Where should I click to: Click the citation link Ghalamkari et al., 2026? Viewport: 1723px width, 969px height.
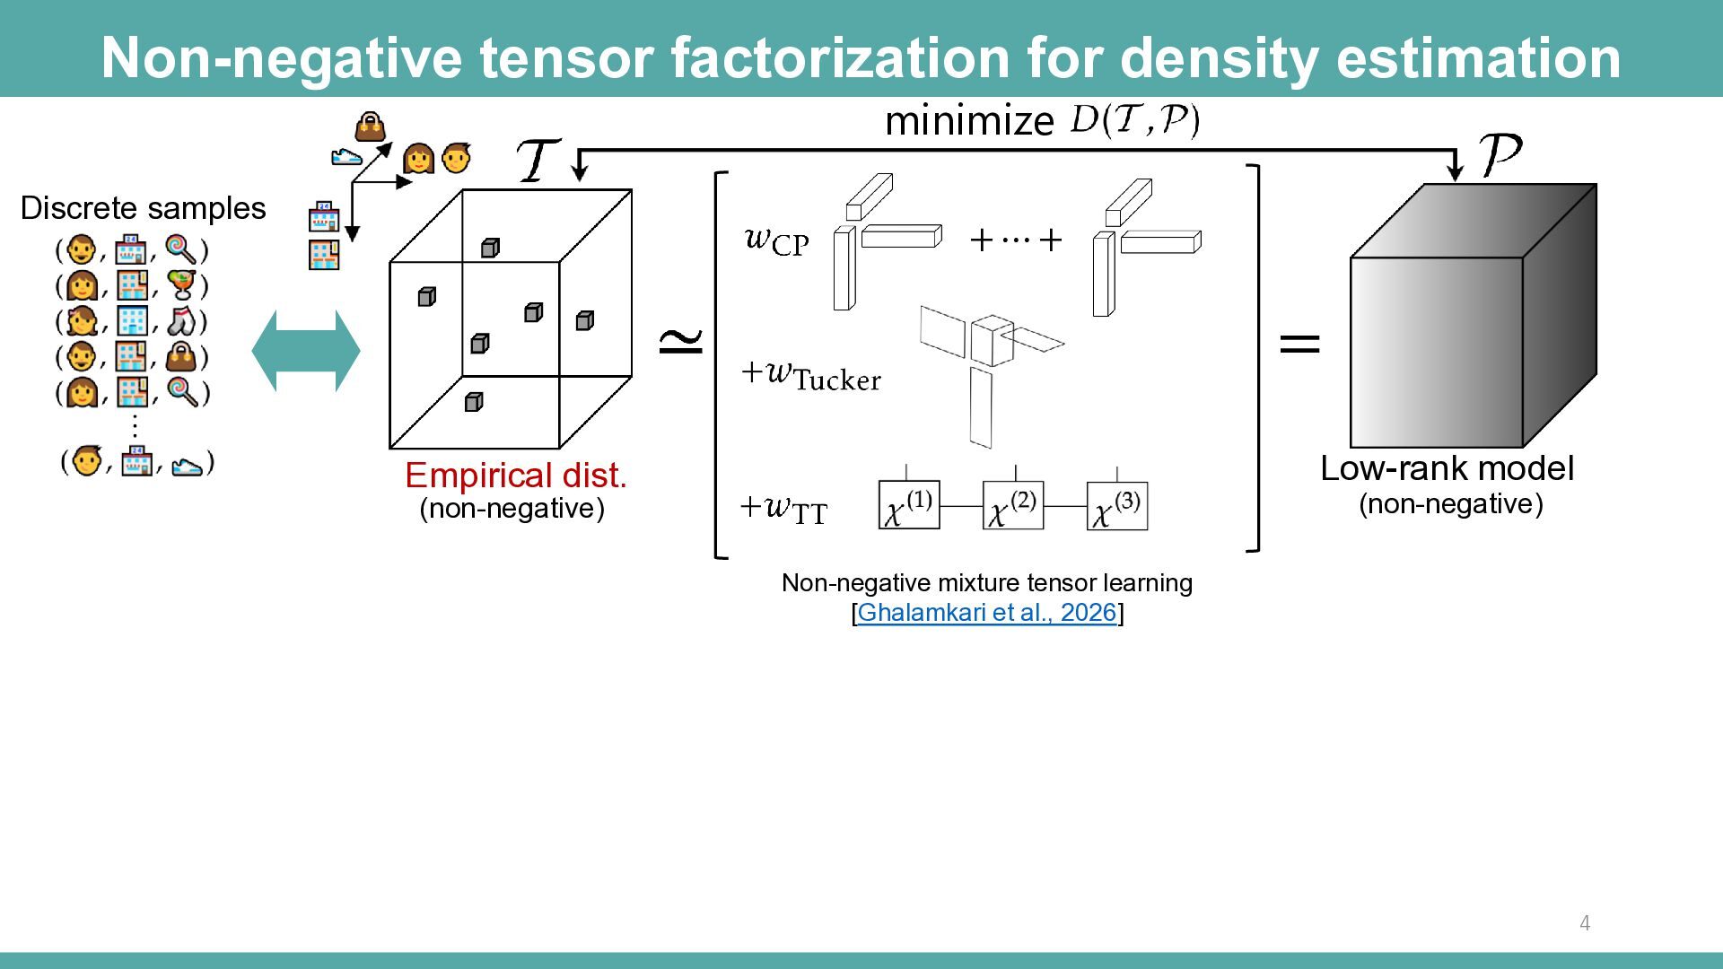coord(987,613)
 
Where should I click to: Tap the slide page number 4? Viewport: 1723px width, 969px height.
coord(1585,923)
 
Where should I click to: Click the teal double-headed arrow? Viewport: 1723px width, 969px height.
coord(306,351)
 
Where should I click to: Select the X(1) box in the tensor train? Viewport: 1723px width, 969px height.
coord(909,505)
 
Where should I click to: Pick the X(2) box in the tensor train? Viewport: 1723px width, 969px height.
coord(1013,505)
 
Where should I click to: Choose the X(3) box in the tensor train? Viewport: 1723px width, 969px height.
coord(1117,505)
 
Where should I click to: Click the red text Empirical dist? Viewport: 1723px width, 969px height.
coord(516,476)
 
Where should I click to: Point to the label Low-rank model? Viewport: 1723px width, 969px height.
coord(1447,468)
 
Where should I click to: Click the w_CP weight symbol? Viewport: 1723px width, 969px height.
coord(777,240)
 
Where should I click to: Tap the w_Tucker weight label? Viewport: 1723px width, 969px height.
coord(811,376)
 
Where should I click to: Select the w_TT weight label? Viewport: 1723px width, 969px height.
coord(784,510)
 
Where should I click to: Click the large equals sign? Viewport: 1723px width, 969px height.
coord(1299,343)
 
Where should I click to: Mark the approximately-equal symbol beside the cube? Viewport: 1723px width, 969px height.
coord(681,340)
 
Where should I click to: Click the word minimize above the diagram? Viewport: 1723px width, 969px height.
coord(969,121)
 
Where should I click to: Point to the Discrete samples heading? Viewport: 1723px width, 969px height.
coord(144,208)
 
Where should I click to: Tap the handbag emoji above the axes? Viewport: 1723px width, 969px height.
coord(370,127)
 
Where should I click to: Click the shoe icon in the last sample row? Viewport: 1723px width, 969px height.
coord(187,466)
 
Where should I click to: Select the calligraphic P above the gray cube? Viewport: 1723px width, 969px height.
coord(1500,154)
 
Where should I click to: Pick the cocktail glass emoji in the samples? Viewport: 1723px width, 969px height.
coord(183,284)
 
